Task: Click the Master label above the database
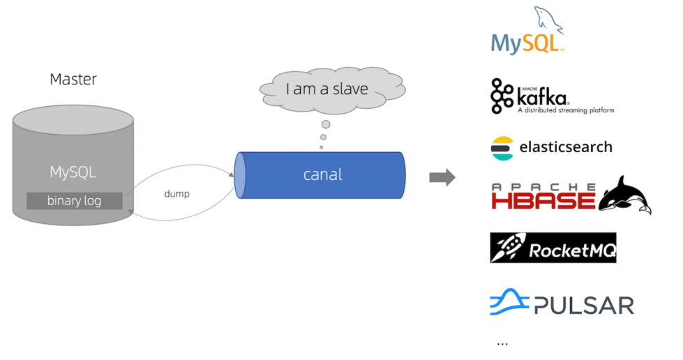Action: coord(73,80)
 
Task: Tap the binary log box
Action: coord(74,201)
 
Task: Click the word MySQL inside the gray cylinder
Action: coord(73,172)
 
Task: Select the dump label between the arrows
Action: coord(177,193)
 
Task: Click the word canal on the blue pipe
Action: coord(322,174)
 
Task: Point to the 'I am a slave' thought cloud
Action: coord(327,89)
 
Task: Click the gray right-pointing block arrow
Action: coord(442,177)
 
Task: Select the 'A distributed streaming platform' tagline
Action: coord(565,110)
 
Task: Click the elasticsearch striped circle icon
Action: coord(502,148)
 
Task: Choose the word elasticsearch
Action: coord(566,147)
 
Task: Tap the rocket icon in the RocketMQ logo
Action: coord(508,248)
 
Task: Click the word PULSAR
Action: coord(584,306)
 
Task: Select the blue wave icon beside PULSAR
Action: coord(509,303)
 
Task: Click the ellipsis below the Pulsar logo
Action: coord(502,343)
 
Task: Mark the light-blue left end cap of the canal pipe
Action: coord(241,174)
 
